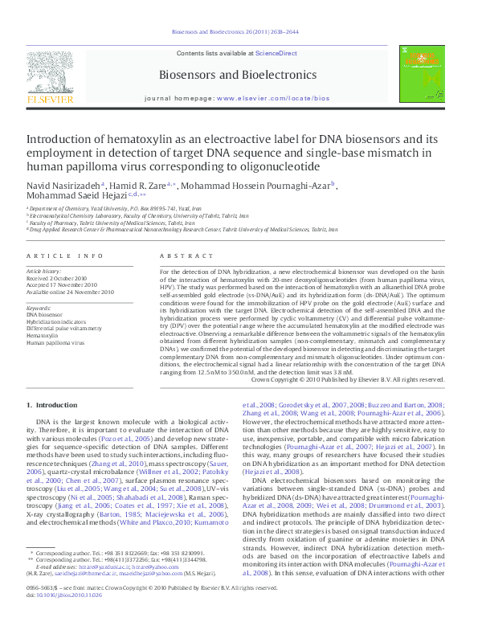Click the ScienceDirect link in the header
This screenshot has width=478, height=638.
coord(276,54)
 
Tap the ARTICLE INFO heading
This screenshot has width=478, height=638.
coord(65,256)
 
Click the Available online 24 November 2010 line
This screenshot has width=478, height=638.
coord(71,292)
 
